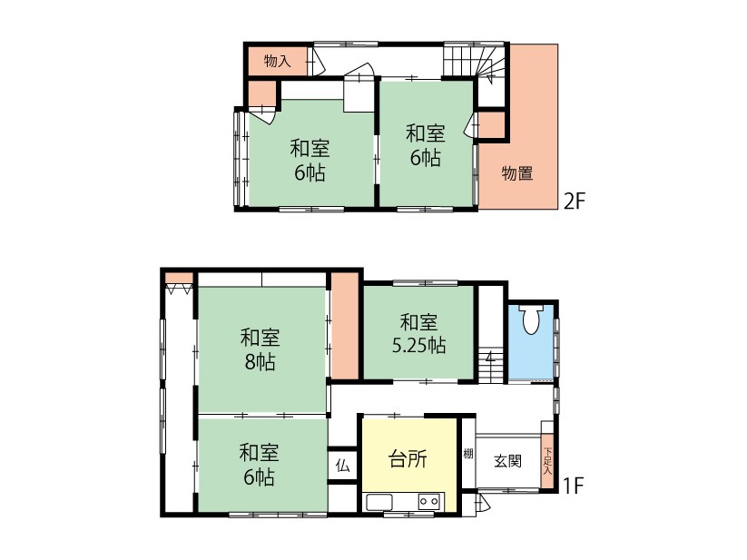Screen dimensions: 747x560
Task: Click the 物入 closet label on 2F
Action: pos(277,61)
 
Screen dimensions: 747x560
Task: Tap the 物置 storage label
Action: pos(517,172)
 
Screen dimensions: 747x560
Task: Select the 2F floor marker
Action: pos(574,201)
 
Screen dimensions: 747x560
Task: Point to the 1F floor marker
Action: pos(573,486)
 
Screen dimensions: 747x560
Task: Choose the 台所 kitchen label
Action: pos(408,459)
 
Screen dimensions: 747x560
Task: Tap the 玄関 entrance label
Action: pos(508,461)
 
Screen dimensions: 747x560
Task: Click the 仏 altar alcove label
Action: pos(342,466)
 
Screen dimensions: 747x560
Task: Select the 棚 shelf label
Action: pos(468,453)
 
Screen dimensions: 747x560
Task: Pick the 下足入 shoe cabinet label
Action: pos(548,461)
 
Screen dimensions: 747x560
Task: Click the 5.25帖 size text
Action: pos(418,346)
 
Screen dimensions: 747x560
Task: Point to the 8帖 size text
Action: pos(260,362)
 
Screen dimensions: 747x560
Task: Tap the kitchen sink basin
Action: pos(379,503)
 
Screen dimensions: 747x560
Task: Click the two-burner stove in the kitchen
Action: pos(428,501)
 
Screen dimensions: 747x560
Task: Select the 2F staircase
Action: pos(474,61)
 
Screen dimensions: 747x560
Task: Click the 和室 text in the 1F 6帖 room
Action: pos(259,452)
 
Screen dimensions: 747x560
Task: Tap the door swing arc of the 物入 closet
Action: pos(319,62)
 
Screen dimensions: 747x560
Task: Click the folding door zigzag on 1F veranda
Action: pos(179,289)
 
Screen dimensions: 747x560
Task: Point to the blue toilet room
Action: pos(530,340)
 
